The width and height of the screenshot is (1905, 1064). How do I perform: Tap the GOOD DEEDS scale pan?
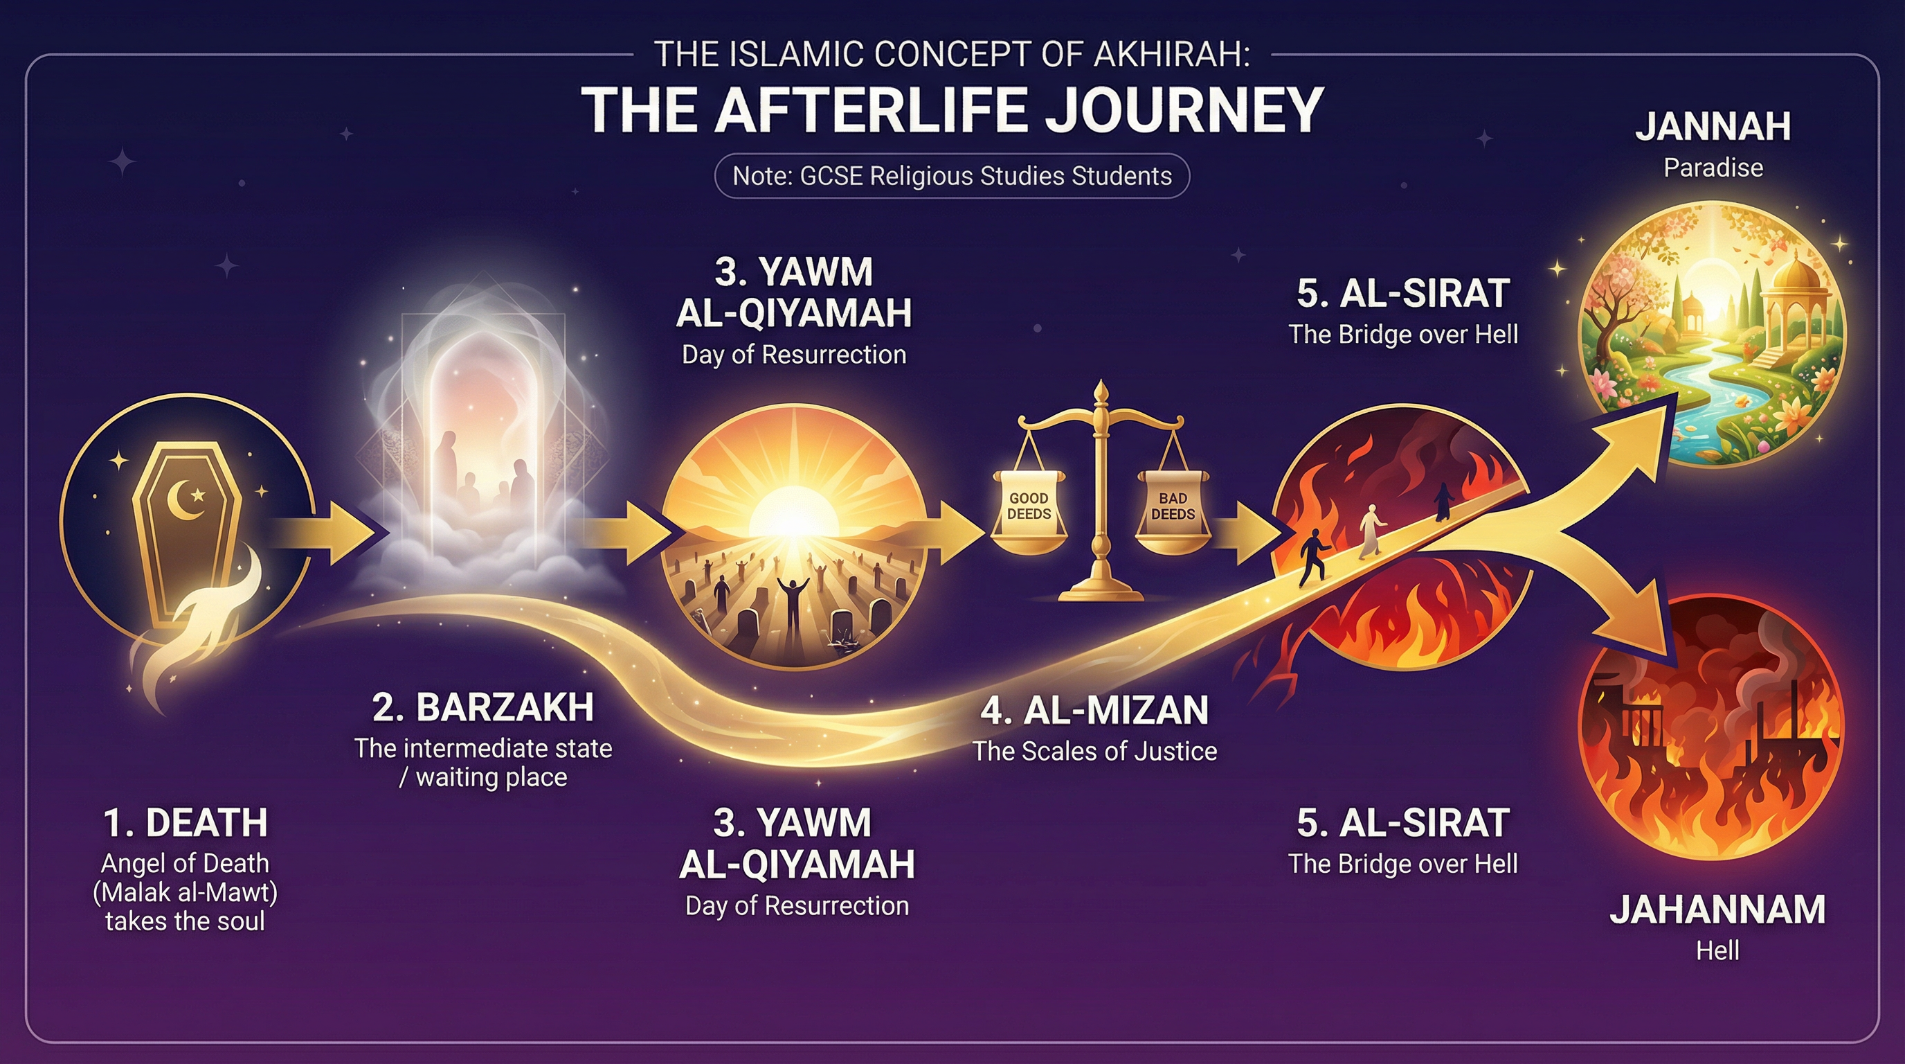tap(1029, 514)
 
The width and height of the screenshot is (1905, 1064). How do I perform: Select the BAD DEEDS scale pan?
tap(1173, 514)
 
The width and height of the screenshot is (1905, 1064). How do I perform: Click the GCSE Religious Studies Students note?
tap(952, 176)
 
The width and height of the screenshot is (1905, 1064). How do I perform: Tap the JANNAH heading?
tap(1713, 127)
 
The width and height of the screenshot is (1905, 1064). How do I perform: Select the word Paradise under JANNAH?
tap(1713, 168)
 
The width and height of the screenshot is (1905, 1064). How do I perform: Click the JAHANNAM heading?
tap(1717, 910)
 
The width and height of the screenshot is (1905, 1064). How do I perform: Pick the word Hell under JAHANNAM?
tap(1717, 950)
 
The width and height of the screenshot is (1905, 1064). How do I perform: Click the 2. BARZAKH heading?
tap(483, 707)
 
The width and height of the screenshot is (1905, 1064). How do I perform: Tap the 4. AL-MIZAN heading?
tap(1094, 710)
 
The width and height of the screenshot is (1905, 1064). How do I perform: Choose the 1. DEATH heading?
tap(185, 823)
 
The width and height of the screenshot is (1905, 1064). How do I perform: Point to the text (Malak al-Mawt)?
tap(185, 892)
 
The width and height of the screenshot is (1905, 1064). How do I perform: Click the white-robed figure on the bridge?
tap(1371, 531)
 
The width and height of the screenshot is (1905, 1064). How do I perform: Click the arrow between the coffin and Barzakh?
tap(333, 531)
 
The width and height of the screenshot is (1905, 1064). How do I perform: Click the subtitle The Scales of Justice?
tap(1094, 751)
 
